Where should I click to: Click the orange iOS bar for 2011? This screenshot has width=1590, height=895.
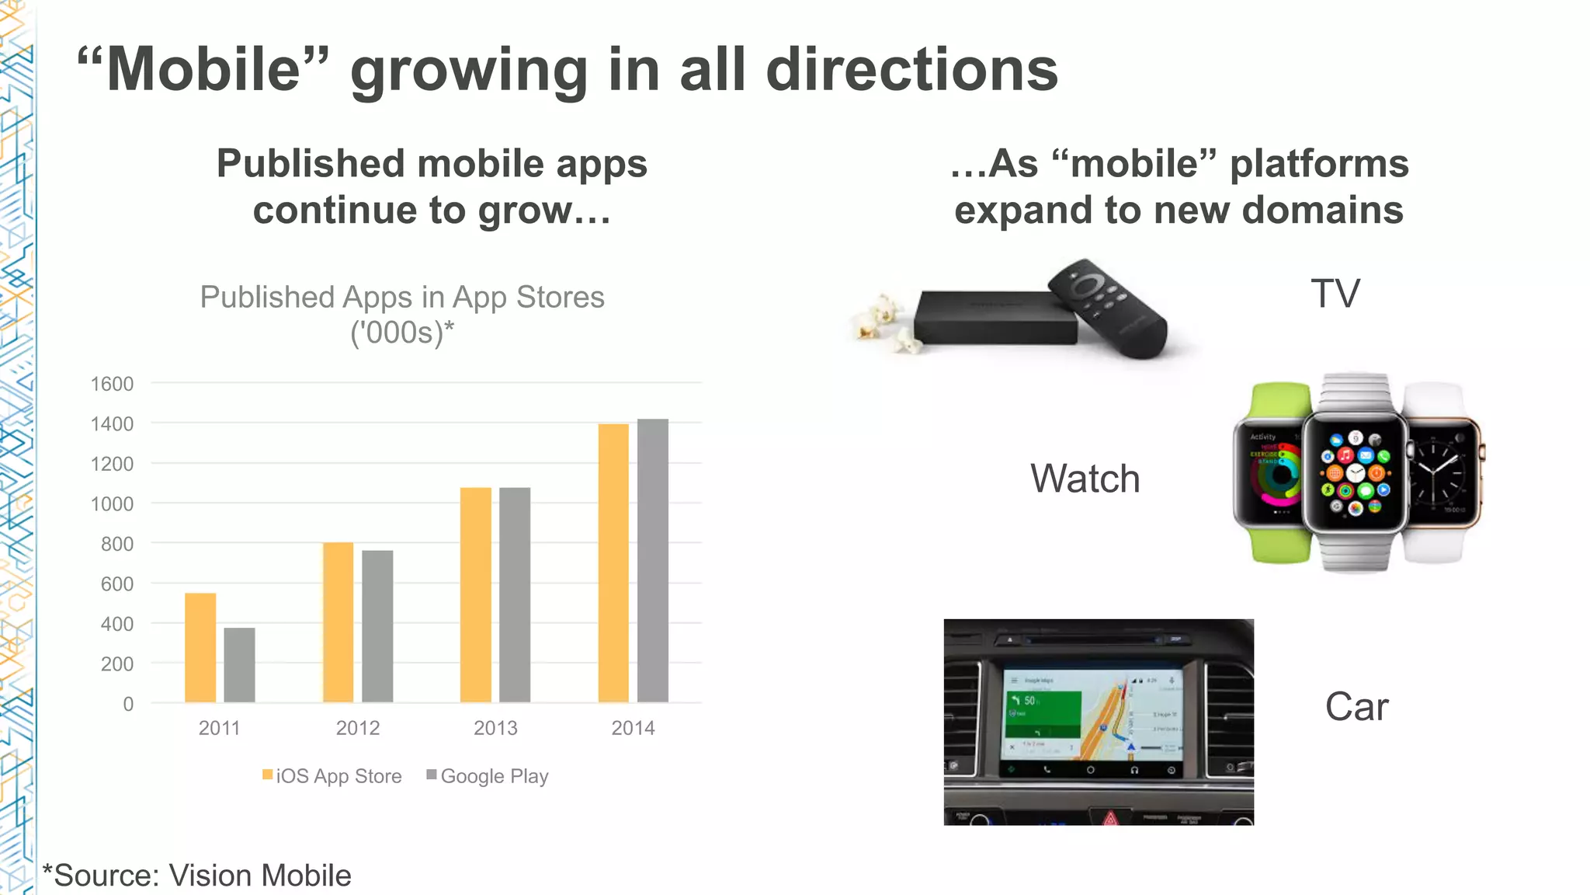pos(200,647)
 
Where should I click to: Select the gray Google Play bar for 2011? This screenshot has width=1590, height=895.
pos(239,664)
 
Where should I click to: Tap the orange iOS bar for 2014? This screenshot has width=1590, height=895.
pos(613,562)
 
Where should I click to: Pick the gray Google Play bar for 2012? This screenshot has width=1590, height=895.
pos(377,625)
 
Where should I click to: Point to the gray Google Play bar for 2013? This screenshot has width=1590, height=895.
pos(515,594)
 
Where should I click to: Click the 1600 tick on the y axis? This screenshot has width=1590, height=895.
pos(112,384)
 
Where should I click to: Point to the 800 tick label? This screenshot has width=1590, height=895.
pos(116,544)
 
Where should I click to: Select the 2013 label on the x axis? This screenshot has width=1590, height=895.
pos(495,728)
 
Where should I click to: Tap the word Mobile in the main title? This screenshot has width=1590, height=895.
pos(203,70)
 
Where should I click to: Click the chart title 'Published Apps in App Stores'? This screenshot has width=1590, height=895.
pos(402,298)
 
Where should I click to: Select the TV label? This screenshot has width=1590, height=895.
pos(1335,294)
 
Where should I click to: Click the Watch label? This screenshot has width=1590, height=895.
pos(1085,479)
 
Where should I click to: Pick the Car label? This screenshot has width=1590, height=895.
pos(1356,707)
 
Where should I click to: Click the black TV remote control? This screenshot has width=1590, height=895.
pos(1106,308)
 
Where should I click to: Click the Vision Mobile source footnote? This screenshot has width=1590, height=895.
pos(197,876)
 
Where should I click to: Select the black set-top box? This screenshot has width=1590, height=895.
pos(994,319)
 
